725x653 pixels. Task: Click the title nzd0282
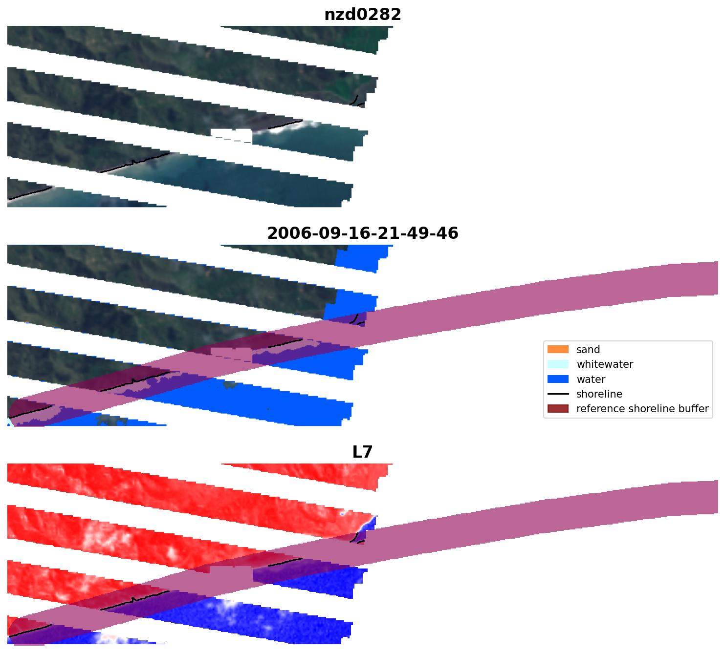362,15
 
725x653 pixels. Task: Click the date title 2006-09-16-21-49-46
362,233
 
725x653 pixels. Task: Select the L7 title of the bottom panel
362,452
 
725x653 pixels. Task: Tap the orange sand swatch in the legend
558,349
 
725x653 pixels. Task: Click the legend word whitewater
605,364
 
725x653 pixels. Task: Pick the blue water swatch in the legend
558,379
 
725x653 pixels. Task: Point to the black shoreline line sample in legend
558,394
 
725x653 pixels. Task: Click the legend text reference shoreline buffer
642,409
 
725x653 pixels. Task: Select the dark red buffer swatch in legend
558,409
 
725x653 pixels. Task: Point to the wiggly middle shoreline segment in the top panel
134,163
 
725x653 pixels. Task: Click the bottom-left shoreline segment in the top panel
29,193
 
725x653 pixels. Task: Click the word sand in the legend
588,350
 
